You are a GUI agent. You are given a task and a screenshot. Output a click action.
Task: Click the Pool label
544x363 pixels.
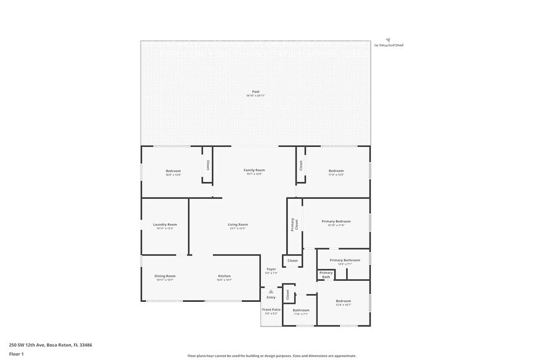[255, 92]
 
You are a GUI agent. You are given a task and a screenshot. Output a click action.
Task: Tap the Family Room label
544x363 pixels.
[254, 170]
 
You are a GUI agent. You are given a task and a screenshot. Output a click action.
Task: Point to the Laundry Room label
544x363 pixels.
[165, 225]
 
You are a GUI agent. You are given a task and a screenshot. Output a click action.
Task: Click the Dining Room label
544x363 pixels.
[165, 276]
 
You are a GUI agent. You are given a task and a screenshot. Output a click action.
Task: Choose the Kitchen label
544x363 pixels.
[224, 276]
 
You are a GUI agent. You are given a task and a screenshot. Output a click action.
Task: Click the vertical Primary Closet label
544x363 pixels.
[294, 225]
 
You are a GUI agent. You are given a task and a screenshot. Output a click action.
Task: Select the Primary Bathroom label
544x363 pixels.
[344, 260]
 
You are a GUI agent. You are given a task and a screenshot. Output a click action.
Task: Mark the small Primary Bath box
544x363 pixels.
[326, 275]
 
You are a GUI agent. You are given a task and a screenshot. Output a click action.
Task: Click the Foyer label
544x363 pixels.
[271, 269]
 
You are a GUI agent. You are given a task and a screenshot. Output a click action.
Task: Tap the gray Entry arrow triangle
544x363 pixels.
[270, 291]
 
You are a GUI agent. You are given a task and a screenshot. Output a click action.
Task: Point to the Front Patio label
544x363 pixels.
[271, 309]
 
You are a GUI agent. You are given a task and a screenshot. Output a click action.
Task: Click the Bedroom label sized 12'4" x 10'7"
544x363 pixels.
[343, 301]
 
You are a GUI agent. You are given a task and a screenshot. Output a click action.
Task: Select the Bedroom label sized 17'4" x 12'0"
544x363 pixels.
[336, 170]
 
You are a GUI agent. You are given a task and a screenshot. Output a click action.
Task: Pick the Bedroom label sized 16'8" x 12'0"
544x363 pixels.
[173, 170]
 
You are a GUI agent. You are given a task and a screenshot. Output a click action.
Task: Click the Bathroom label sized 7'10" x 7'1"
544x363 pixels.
[301, 311]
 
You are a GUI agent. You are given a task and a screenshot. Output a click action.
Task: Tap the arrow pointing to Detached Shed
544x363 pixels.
[388, 39]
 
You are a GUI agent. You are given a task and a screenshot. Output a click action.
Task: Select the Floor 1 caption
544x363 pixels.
[16, 354]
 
